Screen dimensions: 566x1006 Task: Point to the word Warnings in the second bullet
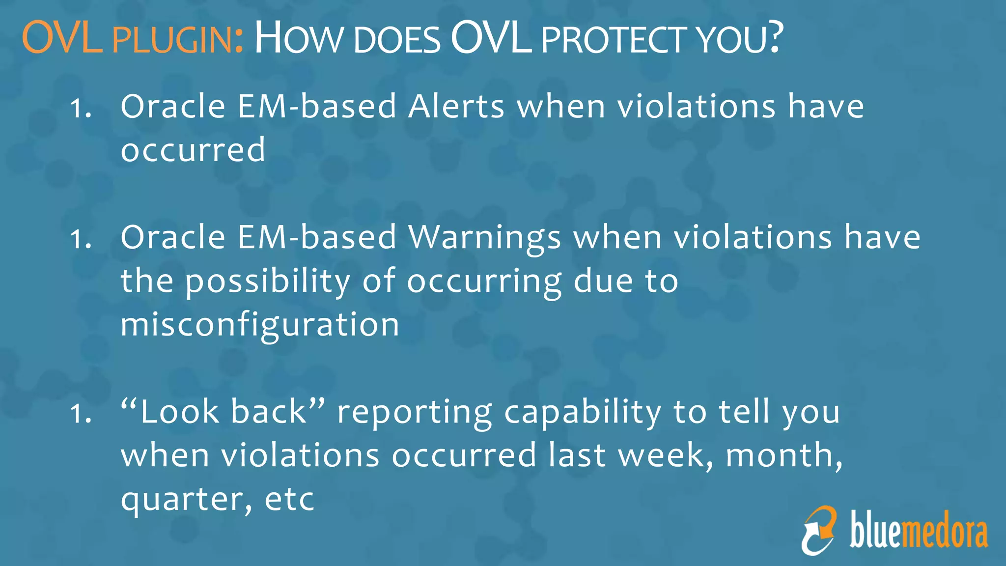[485, 238]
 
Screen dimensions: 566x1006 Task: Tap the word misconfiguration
[260, 325]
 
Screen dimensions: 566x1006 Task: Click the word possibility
[268, 282]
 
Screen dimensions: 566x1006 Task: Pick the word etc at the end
[289, 500]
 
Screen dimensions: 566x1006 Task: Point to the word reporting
[414, 413]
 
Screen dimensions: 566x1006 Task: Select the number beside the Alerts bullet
[80, 108]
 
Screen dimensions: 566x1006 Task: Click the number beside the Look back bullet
[80, 413]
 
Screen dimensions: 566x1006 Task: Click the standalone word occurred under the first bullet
[193, 150]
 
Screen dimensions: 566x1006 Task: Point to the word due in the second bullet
[603, 281]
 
